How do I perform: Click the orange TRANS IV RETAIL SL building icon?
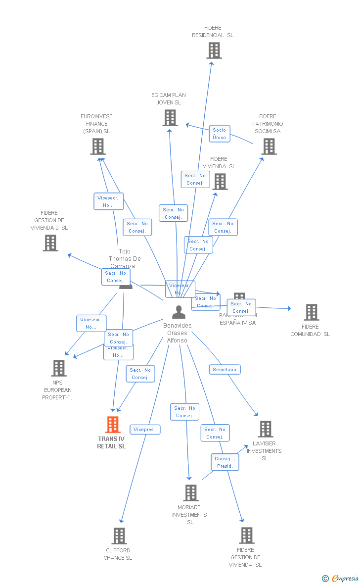click(113, 425)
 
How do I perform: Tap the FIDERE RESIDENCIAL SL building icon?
click(214, 50)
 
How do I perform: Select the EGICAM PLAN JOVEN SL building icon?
click(170, 118)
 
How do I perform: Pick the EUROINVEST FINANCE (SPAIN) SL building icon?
click(98, 146)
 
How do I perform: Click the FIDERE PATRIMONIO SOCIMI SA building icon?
click(269, 146)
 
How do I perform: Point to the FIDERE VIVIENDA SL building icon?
click(220, 182)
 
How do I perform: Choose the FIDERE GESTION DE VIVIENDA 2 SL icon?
click(50, 243)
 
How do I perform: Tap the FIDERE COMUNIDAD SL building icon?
click(311, 312)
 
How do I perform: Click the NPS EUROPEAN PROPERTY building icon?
click(59, 368)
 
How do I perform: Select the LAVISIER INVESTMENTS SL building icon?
click(265, 429)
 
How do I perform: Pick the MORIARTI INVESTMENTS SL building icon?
click(191, 493)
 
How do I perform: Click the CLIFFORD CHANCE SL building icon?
click(119, 536)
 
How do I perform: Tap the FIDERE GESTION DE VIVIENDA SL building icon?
click(246, 535)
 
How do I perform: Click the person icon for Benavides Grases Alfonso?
click(179, 312)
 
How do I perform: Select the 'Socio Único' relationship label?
click(219, 134)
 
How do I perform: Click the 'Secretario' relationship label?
click(225, 370)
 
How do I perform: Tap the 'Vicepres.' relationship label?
click(145, 430)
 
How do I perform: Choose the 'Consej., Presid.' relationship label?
click(225, 462)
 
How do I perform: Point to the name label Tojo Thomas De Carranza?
click(125, 259)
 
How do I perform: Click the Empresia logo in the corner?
click(341, 578)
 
